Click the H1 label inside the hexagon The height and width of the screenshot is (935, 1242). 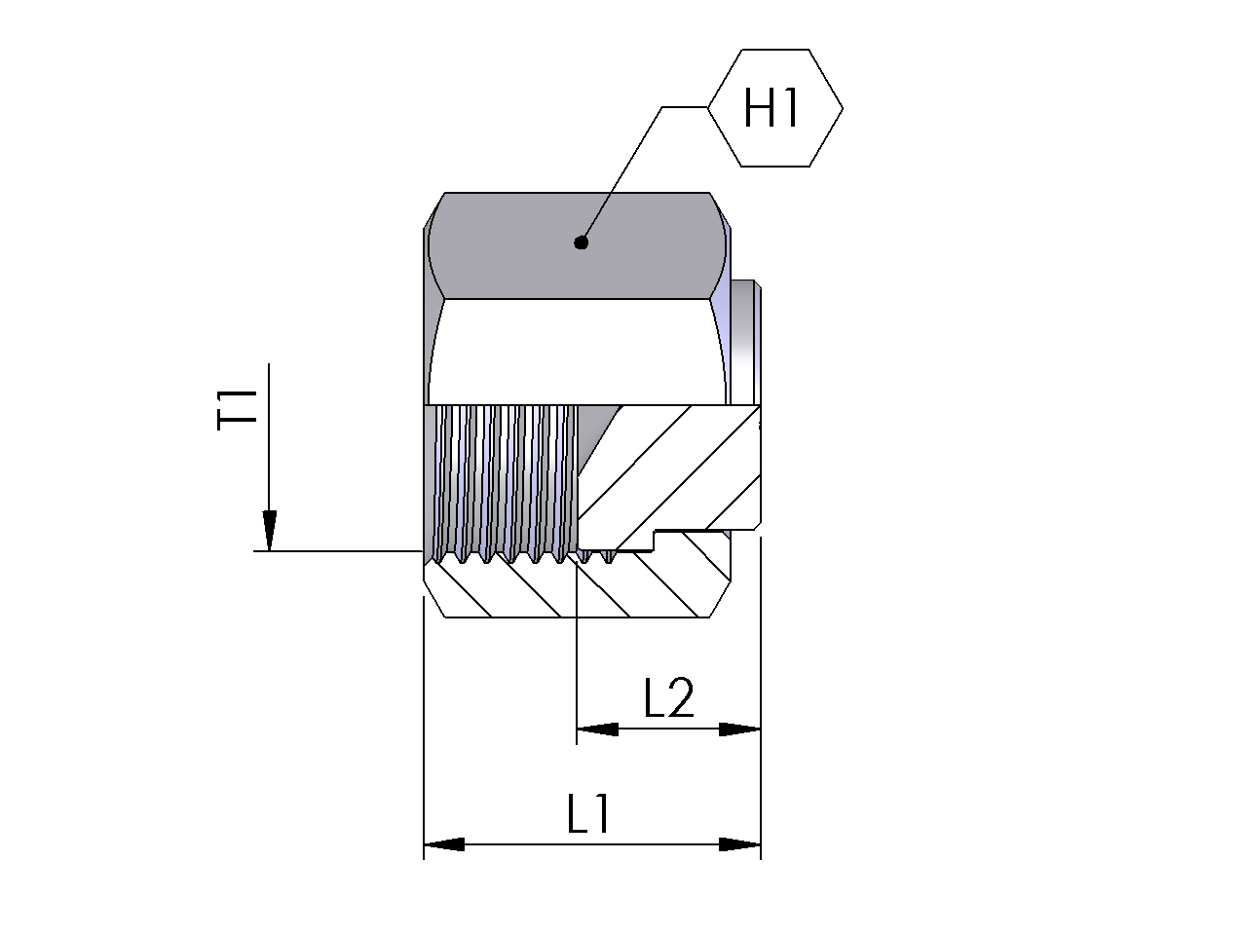coord(771,108)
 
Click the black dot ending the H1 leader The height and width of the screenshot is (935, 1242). coord(581,243)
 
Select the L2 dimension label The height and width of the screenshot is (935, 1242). coord(669,696)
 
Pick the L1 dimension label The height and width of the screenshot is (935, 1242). coord(588,814)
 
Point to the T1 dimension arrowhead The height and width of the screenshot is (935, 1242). coord(269,530)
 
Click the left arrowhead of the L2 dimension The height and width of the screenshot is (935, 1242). coord(597,729)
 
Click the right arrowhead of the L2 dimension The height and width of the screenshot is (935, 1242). coord(739,729)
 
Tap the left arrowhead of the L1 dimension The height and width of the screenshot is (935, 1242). coord(444,844)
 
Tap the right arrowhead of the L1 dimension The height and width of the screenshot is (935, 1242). coord(739,844)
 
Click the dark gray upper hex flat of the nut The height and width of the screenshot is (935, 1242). coord(577,245)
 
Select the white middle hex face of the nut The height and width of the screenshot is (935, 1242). coord(577,352)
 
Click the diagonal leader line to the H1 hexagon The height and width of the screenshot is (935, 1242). coord(621,174)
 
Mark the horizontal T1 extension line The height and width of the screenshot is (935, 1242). coord(338,550)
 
